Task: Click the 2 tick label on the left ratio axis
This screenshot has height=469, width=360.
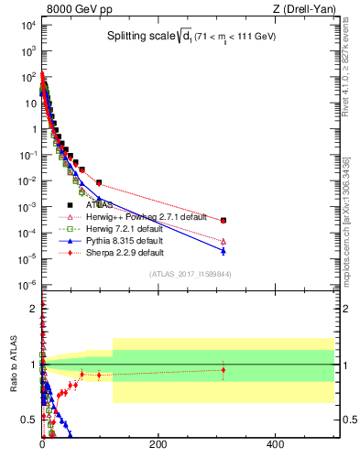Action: [32, 307]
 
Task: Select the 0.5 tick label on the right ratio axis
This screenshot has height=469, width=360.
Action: [348, 420]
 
